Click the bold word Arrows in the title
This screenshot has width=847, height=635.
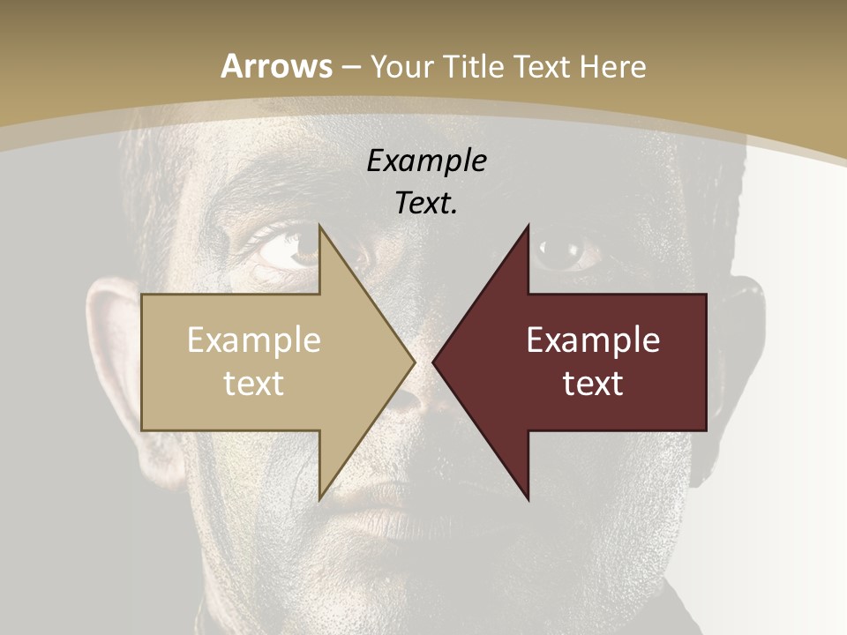click(x=277, y=66)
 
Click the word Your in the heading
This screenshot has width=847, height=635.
click(x=401, y=66)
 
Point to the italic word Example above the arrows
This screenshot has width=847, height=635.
click(x=426, y=161)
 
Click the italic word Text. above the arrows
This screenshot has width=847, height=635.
click(x=426, y=203)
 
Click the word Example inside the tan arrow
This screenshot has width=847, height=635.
click(x=254, y=340)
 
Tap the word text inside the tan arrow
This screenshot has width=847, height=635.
click(x=254, y=384)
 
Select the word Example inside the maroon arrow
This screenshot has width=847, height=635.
click(x=593, y=340)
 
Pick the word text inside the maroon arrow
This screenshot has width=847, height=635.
click(x=593, y=384)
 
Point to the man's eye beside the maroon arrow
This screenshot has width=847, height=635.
click(x=565, y=251)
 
